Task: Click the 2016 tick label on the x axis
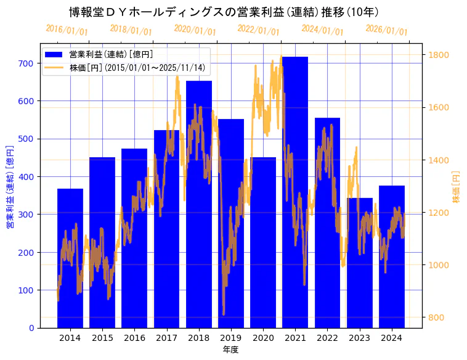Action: click(x=134, y=338)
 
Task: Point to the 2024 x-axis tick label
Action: click(x=391, y=338)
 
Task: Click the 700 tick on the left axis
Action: click(x=26, y=63)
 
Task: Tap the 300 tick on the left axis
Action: click(x=26, y=215)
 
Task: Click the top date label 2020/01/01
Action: click(x=195, y=30)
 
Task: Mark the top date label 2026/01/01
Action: click(x=386, y=30)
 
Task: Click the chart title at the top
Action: click(x=224, y=12)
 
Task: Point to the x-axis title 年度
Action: click(x=230, y=350)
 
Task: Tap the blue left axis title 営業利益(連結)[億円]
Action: click(x=10, y=186)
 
